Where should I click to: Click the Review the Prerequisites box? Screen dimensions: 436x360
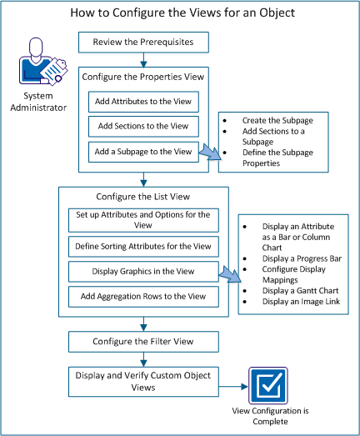click(x=142, y=42)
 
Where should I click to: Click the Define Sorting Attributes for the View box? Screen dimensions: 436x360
click(x=142, y=246)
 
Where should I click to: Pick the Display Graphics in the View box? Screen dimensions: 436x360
click(x=142, y=271)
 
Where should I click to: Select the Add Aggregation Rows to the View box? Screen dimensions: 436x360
click(x=142, y=296)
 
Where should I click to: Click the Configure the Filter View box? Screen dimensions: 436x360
click(x=142, y=341)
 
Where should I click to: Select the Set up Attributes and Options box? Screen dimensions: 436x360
click(x=142, y=219)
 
